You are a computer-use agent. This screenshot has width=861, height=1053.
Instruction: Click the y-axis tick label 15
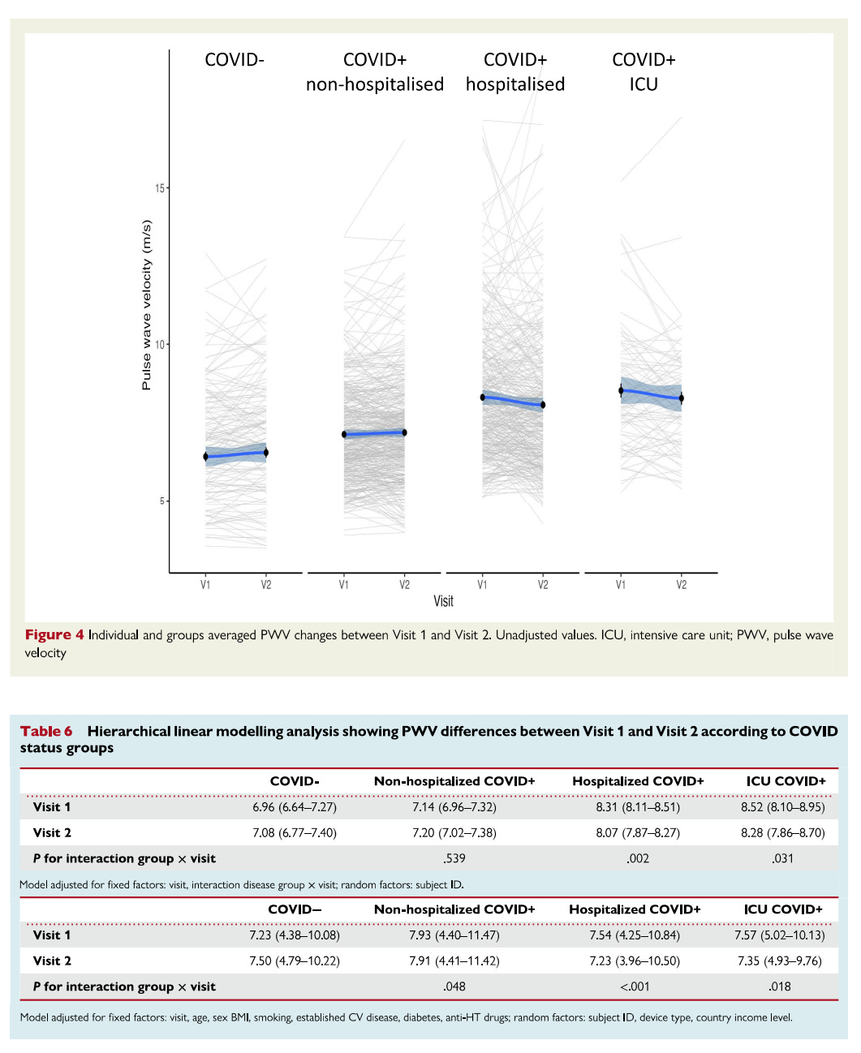pos(159,188)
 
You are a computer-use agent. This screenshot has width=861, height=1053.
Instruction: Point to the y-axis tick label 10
pos(159,345)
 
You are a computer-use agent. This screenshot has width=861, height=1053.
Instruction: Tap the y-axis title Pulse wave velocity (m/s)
pos(147,305)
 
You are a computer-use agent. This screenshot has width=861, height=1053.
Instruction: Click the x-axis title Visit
pos(443,601)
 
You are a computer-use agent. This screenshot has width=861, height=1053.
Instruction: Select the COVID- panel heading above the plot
pos(235,60)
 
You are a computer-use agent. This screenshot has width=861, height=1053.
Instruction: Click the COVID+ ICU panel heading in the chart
pos(644,72)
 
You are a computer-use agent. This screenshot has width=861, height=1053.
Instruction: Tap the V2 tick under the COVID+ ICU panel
pos(681,585)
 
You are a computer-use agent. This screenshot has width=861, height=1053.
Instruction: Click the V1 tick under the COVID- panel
pos(205,585)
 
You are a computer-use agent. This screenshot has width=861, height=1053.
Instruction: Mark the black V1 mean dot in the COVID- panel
pos(205,457)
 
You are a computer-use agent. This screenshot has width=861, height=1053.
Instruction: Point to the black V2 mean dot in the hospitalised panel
pos(543,405)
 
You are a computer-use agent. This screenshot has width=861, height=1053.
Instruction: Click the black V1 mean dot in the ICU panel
pos(621,391)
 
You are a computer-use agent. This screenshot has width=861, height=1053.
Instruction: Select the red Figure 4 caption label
pos(54,635)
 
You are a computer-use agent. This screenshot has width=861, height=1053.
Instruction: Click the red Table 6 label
pos(46,731)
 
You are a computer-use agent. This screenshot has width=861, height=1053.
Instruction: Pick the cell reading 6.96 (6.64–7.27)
pos(294,807)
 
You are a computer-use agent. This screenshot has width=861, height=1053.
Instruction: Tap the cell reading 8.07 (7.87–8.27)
pos(638,833)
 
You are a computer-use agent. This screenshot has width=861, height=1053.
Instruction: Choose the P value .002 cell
pos(638,858)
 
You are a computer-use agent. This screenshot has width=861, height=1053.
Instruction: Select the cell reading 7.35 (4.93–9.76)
pos(779,961)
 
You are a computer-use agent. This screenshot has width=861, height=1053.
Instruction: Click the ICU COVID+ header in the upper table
pos(786,781)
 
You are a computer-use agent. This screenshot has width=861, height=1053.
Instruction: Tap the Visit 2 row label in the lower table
pos(52,961)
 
